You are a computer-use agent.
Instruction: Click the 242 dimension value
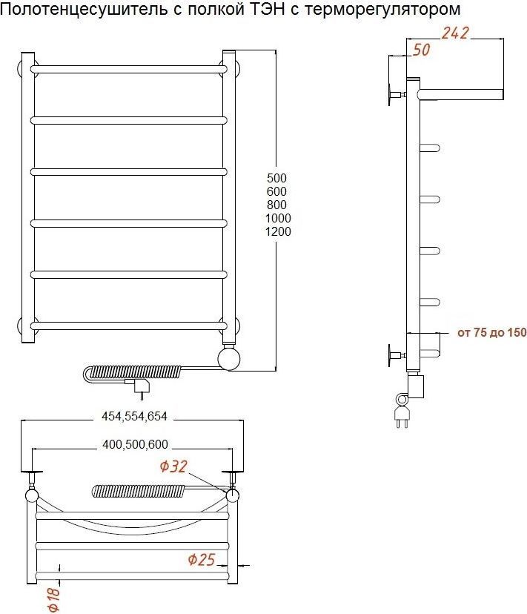455,33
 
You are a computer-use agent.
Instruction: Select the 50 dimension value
421,50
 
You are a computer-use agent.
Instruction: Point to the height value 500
276,178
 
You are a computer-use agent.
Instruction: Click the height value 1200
278,231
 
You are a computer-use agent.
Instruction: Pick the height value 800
276,205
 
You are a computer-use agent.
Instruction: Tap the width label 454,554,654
134,416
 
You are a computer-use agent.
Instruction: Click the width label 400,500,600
135,444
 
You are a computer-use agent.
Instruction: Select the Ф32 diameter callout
173,466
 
